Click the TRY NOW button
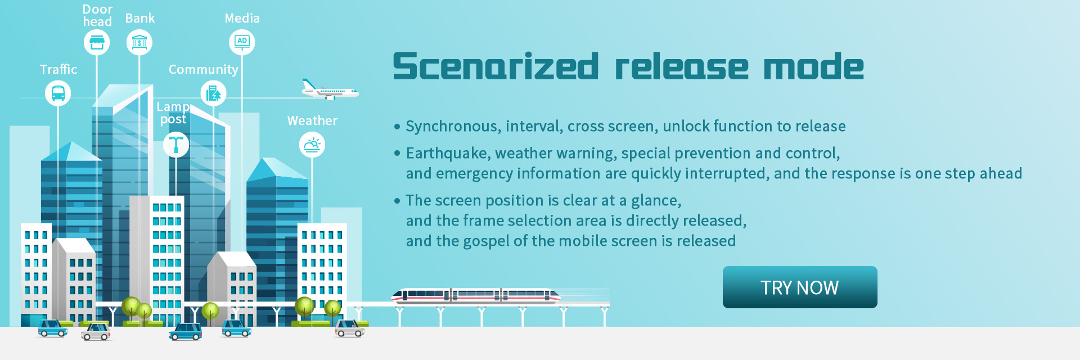[800, 287]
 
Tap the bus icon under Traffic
[58, 93]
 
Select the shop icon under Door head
[97, 42]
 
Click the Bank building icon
[139, 42]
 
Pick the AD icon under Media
[242, 42]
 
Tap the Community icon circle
[214, 93]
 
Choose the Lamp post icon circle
[176, 145]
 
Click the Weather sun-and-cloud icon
[312, 145]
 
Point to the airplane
[330, 90]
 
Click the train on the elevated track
[476, 295]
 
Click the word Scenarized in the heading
[496, 66]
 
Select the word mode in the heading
[813, 67]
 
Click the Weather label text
[312, 120]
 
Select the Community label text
[204, 70]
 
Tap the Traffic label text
[58, 69]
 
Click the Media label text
[242, 18]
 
